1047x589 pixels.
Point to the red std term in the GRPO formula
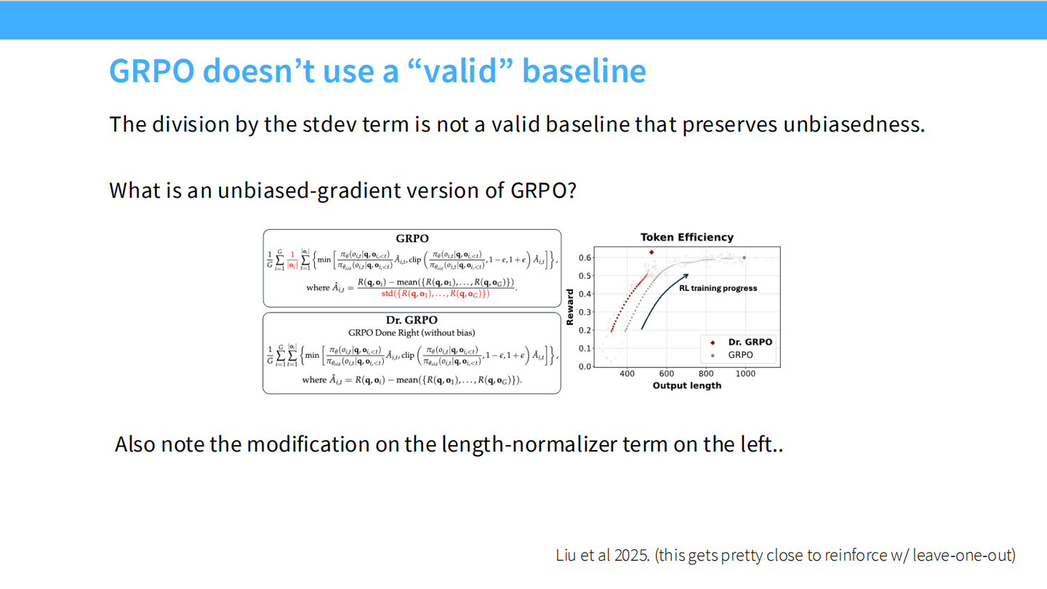(x=436, y=294)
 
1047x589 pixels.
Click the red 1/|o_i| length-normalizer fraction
(x=292, y=260)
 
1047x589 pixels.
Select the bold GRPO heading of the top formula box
(x=412, y=239)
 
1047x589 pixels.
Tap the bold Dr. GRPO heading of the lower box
(x=412, y=320)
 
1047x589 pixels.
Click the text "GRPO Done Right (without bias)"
(x=412, y=333)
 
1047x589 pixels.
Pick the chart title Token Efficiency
(x=686, y=237)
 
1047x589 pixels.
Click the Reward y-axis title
(x=570, y=307)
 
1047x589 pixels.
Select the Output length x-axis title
(x=686, y=385)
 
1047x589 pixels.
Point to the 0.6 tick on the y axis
(x=585, y=257)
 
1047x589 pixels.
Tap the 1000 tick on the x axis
(x=745, y=374)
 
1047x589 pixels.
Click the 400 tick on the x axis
(x=626, y=374)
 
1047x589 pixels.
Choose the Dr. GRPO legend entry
(x=750, y=342)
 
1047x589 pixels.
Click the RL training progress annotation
(x=718, y=288)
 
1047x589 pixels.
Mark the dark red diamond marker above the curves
(x=651, y=252)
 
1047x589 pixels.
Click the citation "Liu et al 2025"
(x=602, y=556)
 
